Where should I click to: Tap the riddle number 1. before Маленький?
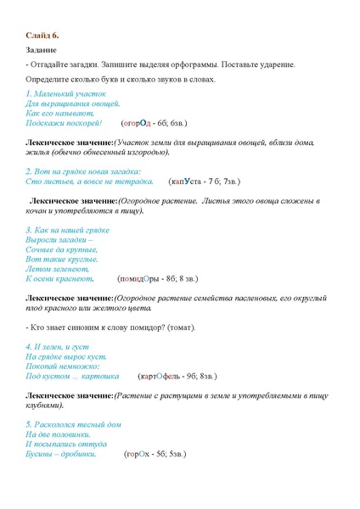coord(30,92)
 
